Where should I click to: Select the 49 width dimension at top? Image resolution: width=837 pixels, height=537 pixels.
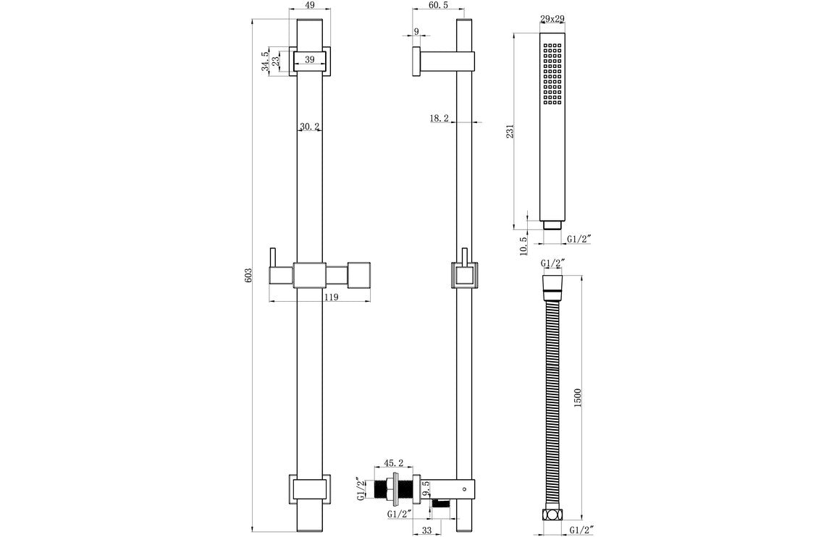(x=309, y=5)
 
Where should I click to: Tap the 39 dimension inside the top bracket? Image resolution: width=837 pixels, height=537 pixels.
(x=309, y=60)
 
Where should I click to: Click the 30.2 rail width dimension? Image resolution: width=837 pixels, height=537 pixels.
(x=310, y=127)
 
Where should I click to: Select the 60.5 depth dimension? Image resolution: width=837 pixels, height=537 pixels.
(x=438, y=5)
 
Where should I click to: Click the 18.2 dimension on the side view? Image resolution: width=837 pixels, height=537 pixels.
(x=439, y=117)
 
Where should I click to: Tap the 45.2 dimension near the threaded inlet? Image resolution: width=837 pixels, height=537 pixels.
(x=394, y=462)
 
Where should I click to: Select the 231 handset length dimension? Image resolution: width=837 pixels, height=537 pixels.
(x=510, y=131)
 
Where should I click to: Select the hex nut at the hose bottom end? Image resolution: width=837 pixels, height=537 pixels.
(x=552, y=515)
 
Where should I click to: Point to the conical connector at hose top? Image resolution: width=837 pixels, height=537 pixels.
(x=552, y=282)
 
